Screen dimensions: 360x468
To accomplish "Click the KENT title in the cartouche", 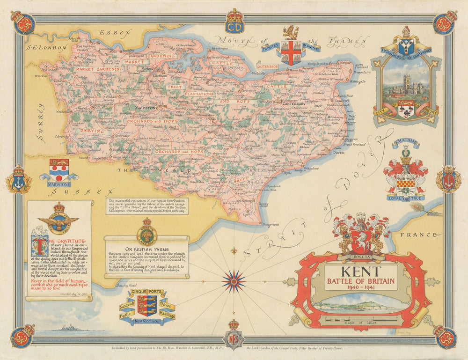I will click(360, 272).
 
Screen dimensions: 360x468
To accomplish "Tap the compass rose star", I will click(234, 281).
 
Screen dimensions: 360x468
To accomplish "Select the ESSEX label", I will click(111, 33).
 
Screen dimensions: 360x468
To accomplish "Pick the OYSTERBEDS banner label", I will click(267, 66).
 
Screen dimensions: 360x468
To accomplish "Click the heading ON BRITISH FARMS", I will click(146, 249).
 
